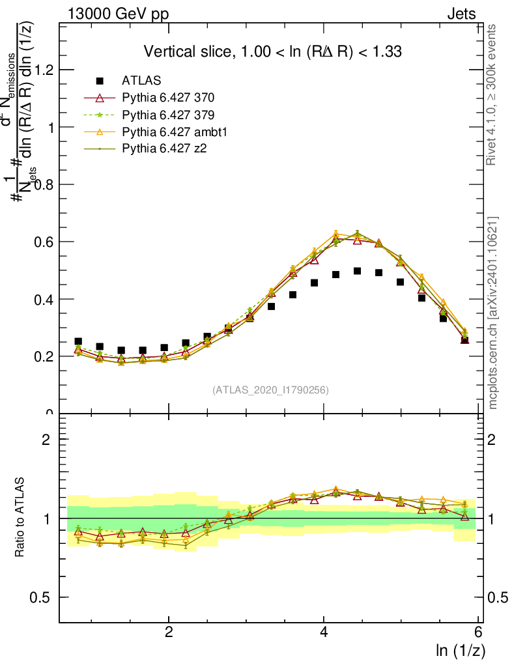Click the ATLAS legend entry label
[x=141, y=81]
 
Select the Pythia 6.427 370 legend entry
[x=168, y=98]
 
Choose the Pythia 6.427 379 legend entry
[x=168, y=115]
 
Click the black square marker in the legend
[x=100, y=81]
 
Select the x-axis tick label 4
[x=324, y=632]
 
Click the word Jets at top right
[x=461, y=14]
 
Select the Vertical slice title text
[x=272, y=51]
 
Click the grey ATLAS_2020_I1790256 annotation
[x=270, y=390]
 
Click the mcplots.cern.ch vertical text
[x=492, y=313]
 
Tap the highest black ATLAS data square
[x=357, y=270]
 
